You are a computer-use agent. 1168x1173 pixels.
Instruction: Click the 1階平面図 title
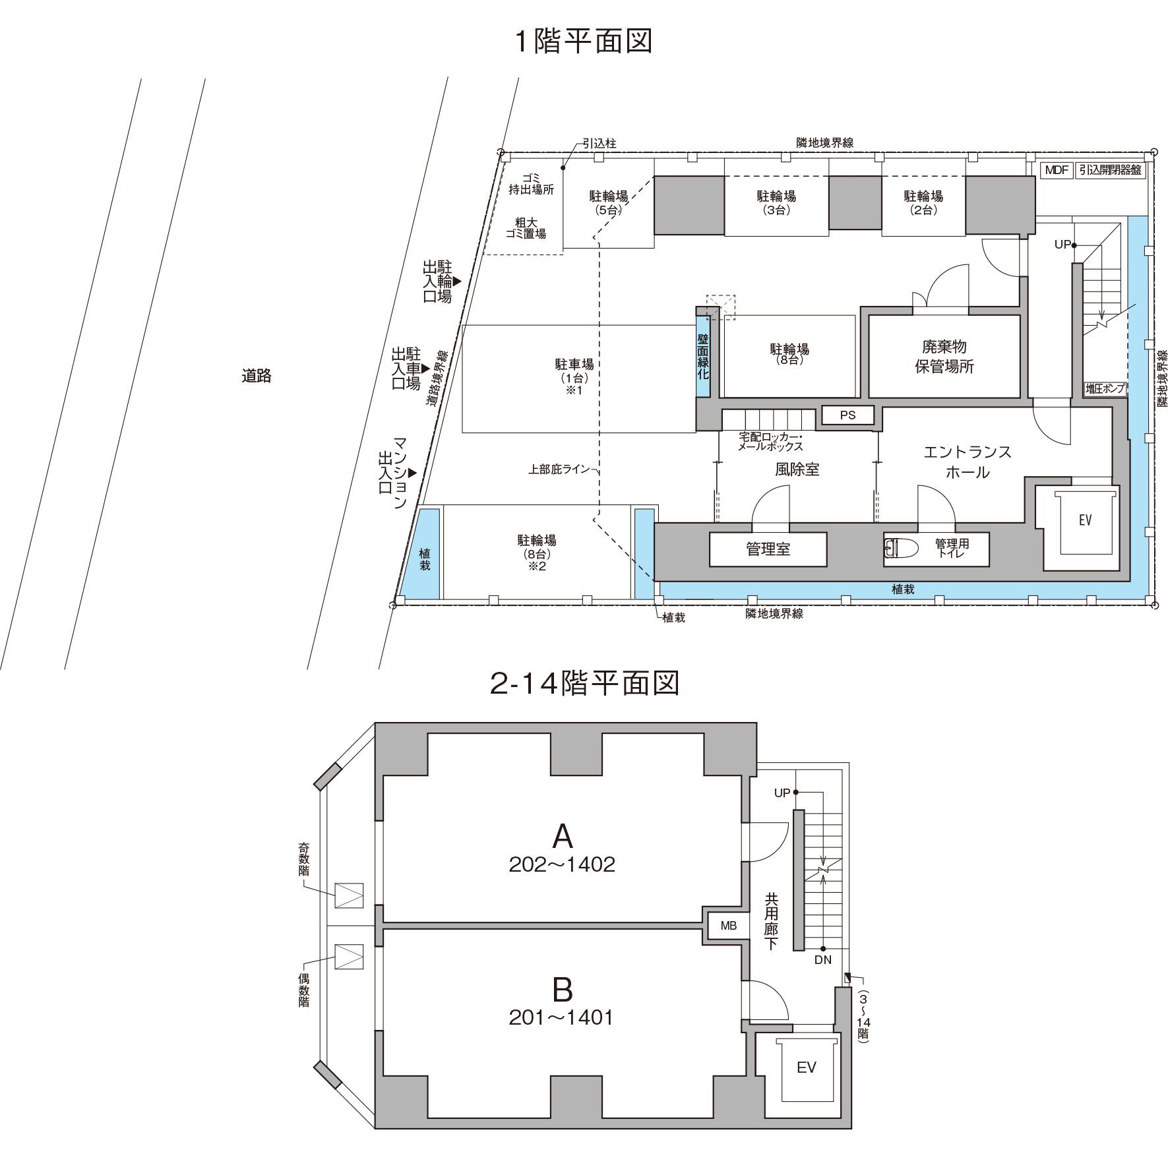[x=583, y=41]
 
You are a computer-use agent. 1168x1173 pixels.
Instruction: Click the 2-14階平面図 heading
[x=584, y=684]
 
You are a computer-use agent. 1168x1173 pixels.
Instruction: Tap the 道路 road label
[x=257, y=376]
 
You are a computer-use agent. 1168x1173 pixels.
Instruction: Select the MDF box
[x=1057, y=170]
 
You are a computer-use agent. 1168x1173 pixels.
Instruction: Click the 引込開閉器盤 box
[x=1111, y=170]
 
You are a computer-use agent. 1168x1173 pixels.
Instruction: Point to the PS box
[x=848, y=415]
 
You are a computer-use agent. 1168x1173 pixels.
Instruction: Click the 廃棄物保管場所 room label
[x=944, y=357]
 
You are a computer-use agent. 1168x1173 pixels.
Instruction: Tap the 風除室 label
[x=797, y=469]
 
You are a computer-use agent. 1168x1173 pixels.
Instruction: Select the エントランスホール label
[x=968, y=462]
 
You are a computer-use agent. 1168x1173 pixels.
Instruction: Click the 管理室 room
[x=768, y=549]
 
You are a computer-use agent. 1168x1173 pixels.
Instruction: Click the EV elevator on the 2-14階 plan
[x=807, y=1068]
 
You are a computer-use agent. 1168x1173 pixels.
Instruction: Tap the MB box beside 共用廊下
[x=729, y=926]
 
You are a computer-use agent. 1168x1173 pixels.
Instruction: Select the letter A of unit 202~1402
[x=563, y=837]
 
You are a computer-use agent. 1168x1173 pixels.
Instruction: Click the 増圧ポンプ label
[x=1105, y=389]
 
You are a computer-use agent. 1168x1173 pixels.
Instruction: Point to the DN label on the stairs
[x=823, y=960]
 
